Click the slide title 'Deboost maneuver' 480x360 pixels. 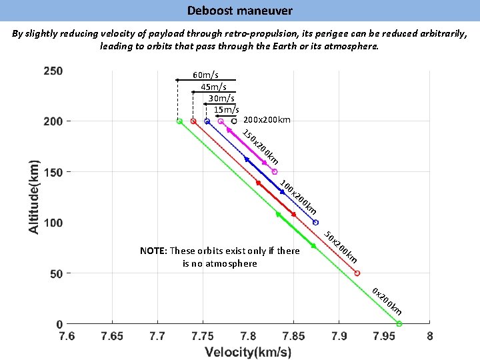(239, 11)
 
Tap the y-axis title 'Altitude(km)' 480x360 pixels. (33, 196)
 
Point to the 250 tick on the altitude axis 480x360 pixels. (53, 71)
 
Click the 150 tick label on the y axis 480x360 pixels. (53, 173)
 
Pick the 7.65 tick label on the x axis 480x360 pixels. (112, 335)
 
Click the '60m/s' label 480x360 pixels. (205, 75)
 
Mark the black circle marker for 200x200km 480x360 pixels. (234, 121)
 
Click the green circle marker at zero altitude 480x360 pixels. (399, 324)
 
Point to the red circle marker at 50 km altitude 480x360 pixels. (357, 273)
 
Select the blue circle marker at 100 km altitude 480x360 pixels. (315, 223)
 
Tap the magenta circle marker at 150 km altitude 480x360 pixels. (275, 172)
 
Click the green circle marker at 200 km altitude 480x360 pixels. (179, 121)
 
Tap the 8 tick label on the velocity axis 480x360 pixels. (430, 335)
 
